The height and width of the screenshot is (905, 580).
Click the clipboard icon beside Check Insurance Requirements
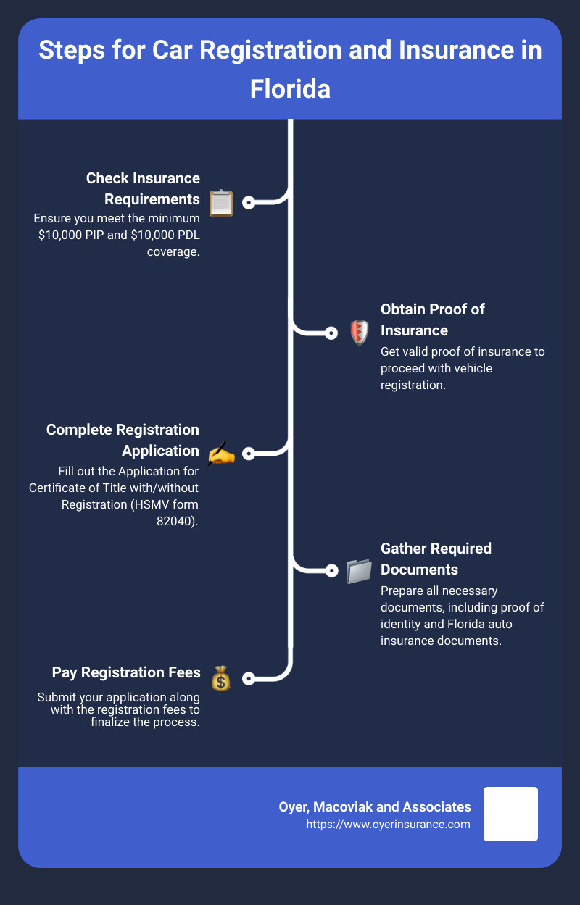pyautogui.click(x=221, y=203)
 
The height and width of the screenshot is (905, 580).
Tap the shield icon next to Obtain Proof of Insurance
pyautogui.click(x=360, y=333)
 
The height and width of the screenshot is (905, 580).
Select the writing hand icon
pyautogui.click(x=221, y=454)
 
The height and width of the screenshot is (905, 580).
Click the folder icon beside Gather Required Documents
pyautogui.click(x=360, y=571)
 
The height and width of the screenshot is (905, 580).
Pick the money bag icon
pyautogui.click(x=221, y=678)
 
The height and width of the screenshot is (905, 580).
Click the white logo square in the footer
pyautogui.click(x=510, y=814)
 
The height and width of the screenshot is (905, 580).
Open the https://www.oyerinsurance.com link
pyautogui.click(x=388, y=824)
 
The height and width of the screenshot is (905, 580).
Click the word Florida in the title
pyautogui.click(x=290, y=89)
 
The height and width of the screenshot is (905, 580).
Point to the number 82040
pyautogui.click(x=176, y=521)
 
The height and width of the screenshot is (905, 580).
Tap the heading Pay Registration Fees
pyautogui.click(x=126, y=672)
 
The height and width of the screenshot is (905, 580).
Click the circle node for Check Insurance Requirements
pyautogui.click(x=249, y=202)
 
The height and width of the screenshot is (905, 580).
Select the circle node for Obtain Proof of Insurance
pyautogui.click(x=331, y=333)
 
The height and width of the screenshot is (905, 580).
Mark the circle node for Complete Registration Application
pyautogui.click(x=249, y=454)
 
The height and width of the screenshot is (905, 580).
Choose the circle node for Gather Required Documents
pyautogui.click(x=331, y=571)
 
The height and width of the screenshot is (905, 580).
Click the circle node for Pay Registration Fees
pyautogui.click(x=249, y=678)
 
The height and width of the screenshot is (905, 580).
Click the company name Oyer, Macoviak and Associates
pyautogui.click(x=375, y=807)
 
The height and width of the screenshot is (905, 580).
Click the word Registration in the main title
pyautogui.click(x=271, y=50)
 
